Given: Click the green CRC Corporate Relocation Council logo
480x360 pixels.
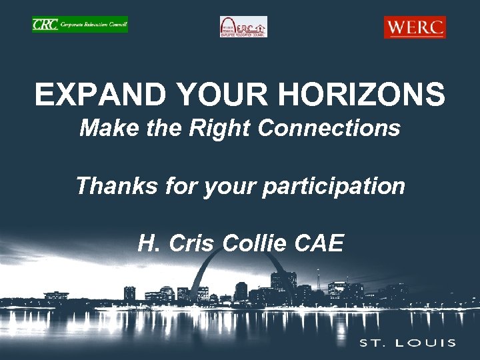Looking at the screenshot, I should tap(79, 25).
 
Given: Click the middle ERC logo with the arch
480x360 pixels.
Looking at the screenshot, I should tap(243, 27).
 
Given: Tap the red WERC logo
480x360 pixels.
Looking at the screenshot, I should tap(415, 27).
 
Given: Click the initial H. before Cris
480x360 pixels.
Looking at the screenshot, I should tap(149, 243).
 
